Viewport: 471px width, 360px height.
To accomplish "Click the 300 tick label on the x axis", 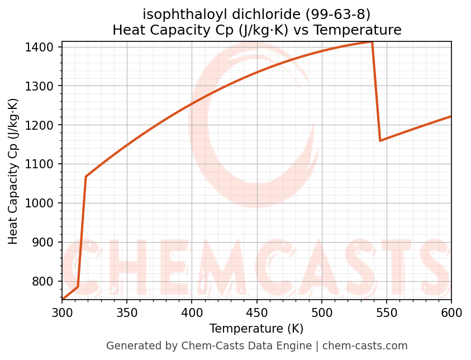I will coord(62,312).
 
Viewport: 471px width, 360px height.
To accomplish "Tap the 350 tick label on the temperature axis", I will coord(127,312).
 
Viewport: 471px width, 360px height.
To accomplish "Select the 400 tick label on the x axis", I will coord(192,312).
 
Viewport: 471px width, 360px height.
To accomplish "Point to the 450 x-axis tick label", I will coord(256,312).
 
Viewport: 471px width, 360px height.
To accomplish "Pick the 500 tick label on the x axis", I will coord(321,312).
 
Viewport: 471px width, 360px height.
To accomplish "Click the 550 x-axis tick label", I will coord(386,312).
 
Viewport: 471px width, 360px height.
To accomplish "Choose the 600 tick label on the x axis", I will coord(451,312).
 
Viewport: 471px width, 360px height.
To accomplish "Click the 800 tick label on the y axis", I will coord(46,281).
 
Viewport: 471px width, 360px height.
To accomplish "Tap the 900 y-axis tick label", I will coord(46,242).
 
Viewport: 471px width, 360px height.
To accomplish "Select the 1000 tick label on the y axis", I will coord(44,203).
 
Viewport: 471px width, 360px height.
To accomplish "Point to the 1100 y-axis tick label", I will coord(44,164).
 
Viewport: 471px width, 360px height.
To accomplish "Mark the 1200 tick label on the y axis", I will coord(44,125).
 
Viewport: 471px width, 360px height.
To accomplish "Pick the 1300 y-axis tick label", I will coord(44,86).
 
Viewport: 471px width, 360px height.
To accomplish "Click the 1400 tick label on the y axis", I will coord(44,47).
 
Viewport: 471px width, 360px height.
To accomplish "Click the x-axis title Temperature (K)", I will coord(256,329).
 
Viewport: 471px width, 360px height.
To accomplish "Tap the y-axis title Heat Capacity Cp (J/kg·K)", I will coord(13,171).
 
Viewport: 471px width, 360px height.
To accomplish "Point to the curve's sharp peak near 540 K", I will coord(372,42).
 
